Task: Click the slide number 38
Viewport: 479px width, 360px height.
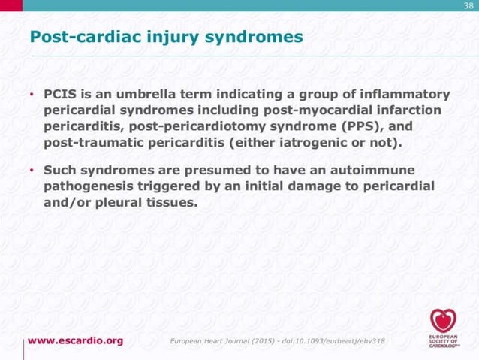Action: (x=468, y=6)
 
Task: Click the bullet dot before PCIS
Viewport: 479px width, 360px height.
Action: (x=32, y=96)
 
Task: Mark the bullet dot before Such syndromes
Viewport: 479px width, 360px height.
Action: (x=32, y=171)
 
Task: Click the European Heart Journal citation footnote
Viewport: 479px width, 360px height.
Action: (x=279, y=341)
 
